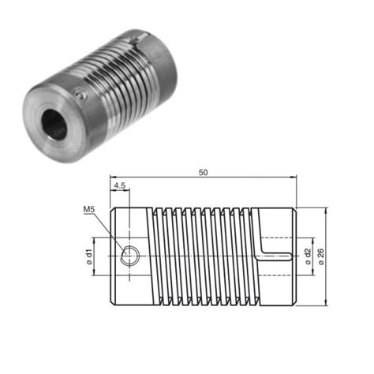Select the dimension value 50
pos(204,170)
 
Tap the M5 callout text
pos(89,210)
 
